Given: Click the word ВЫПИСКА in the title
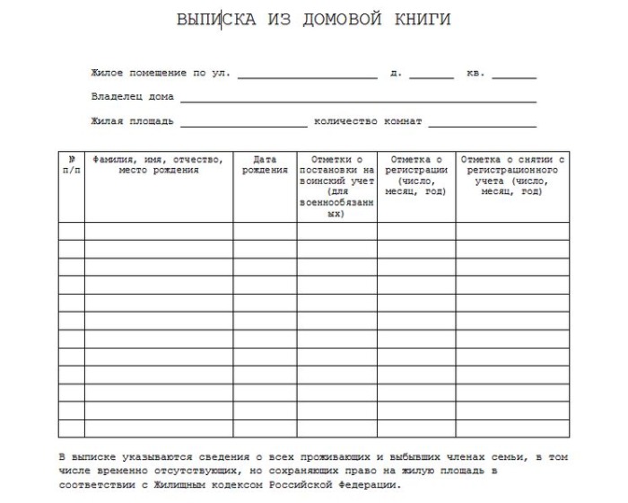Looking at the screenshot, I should point(216,20).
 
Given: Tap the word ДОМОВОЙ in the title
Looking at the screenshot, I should point(342,20).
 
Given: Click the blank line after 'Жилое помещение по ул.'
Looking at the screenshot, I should point(307,77).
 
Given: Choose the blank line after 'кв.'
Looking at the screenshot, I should point(514,77).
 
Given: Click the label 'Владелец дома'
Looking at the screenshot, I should point(132,97).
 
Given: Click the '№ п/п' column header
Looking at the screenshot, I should point(72,164).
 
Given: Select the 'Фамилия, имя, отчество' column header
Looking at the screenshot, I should point(158,164).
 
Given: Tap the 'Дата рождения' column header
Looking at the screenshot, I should point(265,164).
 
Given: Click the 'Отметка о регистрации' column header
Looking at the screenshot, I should point(415,175).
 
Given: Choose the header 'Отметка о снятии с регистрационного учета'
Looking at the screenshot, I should point(511,175).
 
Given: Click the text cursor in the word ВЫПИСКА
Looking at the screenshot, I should point(222,20).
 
